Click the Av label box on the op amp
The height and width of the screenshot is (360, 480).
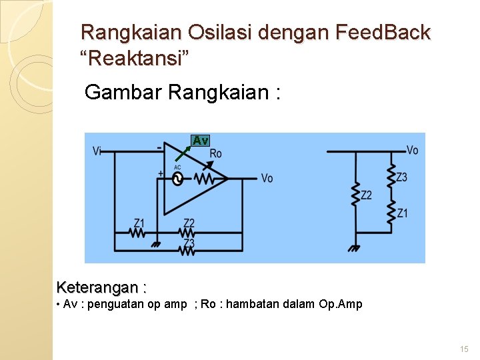(200, 140)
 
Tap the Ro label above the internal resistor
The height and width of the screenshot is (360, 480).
(215, 153)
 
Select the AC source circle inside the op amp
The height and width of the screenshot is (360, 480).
(178, 179)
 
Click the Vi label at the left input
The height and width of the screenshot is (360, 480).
(97, 151)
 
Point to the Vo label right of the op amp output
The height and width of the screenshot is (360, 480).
(267, 179)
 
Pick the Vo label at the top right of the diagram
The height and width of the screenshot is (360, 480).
(412, 151)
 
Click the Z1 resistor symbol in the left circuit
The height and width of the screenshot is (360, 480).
(138, 233)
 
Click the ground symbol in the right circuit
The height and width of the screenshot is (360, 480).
(355, 247)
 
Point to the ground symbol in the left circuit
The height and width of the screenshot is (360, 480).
(156, 244)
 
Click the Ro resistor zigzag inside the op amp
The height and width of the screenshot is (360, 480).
(204, 179)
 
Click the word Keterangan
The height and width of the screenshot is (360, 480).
(100, 288)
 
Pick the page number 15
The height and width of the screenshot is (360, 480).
(465, 349)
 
